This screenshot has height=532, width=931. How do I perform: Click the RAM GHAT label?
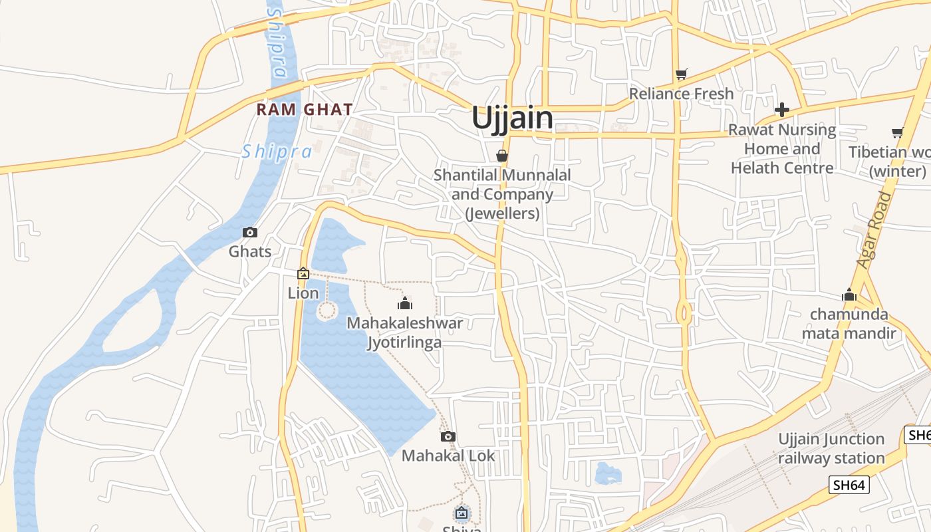(305, 110)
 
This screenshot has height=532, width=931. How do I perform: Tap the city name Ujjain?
(512, 118)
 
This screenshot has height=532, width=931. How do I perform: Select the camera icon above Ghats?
(250, 232)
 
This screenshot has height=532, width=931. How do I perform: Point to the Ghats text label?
(250, 251)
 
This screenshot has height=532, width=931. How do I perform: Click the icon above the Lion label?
(303, 273)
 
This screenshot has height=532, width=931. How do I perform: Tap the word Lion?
(303, 293)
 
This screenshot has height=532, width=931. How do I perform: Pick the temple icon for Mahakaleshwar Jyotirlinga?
(405, 304)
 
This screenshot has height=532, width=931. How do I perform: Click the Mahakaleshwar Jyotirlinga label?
(405, 332)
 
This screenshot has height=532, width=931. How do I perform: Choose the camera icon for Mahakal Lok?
(448, 436)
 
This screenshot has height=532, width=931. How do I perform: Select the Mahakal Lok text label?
(448, 456)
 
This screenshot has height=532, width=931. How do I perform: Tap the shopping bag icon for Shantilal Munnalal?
(502, 156)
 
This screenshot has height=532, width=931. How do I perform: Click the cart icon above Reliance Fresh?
(681, 74)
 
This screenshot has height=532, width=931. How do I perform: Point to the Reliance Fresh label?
(681, 94)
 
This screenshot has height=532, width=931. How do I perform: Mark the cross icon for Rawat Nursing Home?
(782, 110)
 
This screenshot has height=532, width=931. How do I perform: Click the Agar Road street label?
(874, 229)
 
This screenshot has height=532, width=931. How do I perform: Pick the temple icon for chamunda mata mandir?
(849, 295)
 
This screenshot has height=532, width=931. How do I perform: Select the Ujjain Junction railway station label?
(831, 448)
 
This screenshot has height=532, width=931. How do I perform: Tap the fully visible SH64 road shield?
(850, 485)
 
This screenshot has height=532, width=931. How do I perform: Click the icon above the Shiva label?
(462, 513)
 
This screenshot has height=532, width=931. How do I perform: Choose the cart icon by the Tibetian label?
(897, 132)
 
